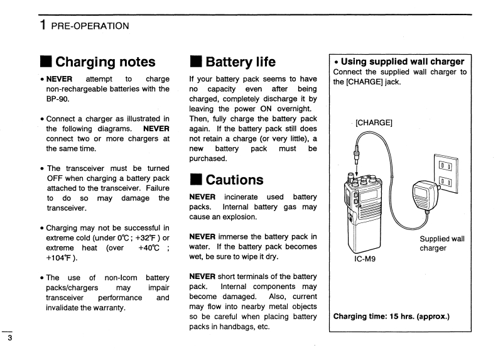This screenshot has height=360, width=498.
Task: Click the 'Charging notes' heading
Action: (x=105, y=62)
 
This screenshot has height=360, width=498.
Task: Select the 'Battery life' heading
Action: (x=240, y=62)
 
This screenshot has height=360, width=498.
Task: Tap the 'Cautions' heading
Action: (x=234, y=180)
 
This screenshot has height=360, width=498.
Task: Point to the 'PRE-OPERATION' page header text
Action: (x=91, y=26)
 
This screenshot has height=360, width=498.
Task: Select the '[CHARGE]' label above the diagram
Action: (x=374, y=123)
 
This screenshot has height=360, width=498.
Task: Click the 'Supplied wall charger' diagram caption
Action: (x=441, y=243)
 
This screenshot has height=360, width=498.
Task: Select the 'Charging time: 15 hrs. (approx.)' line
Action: (x=391, y=316)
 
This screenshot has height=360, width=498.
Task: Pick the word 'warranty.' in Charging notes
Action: (x=108, y=307)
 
